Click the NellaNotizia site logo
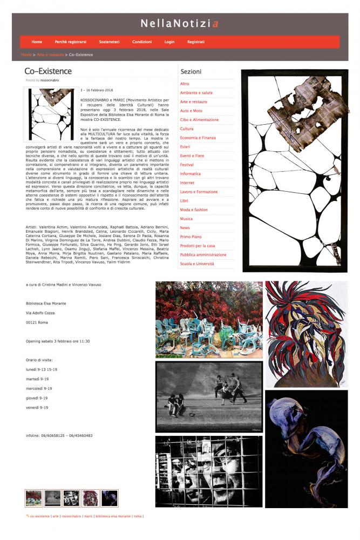180,24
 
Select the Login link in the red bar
169,42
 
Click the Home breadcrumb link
26,55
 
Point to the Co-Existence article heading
48,71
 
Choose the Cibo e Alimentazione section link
199,119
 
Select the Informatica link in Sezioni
190,174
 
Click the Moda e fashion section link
194,210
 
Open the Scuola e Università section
197,264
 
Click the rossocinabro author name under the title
50,80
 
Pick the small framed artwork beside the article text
51,114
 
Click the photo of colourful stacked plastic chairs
209,319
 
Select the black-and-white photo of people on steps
209,396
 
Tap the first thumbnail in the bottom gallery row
33,498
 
